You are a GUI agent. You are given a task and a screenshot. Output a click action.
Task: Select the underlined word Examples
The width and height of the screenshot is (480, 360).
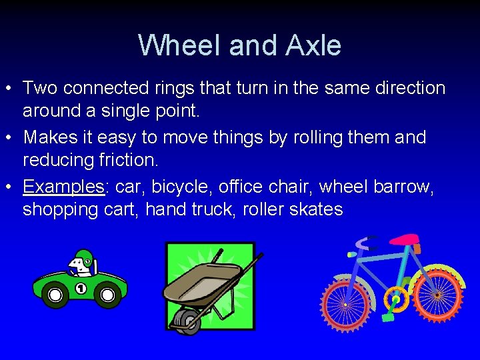coord(64,187)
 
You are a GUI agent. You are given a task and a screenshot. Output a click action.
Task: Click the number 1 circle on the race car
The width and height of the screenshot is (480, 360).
coord(81,289)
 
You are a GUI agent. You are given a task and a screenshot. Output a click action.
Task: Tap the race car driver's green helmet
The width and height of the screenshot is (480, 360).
coord(84,257)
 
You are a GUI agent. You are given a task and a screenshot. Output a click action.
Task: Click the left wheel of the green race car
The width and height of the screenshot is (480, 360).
coord(55,295)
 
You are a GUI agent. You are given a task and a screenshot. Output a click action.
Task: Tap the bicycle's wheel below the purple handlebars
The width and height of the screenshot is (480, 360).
coord(345,303)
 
